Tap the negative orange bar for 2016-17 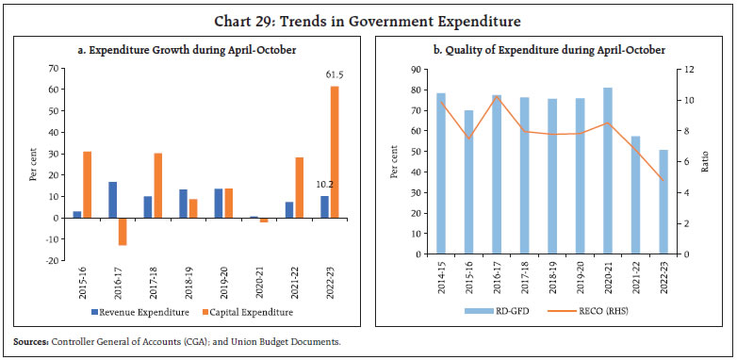click(x=122, y=231)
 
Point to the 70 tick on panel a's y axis click(x=57, y=68)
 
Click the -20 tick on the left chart click(x=55, y=260)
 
